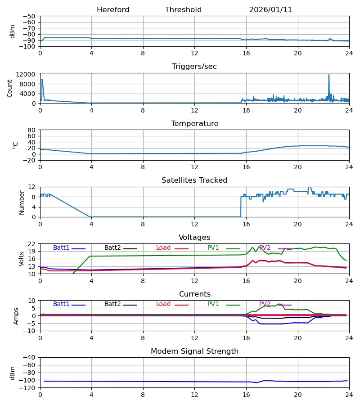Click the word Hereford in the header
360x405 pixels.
click(113, 10)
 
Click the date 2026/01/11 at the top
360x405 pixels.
click(270, 10)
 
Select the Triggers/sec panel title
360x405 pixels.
click(194, 67)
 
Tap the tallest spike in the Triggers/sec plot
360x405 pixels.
click(329, 75)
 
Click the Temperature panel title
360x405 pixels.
click(194, 124)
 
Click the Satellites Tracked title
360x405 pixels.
click(194, 180)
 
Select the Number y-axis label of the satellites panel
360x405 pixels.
click(22, 202)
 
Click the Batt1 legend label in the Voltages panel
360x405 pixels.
click(61, 248)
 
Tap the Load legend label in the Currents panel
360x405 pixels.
click(163, 304)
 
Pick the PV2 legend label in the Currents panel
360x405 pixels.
click(265, 304)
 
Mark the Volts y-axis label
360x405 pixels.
click(22, 259)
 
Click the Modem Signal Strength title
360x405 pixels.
click(194, 351)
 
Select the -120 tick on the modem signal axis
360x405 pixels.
click(28, 388)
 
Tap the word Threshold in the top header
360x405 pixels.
click(183, 10)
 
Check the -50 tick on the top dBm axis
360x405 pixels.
click(29, 16)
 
